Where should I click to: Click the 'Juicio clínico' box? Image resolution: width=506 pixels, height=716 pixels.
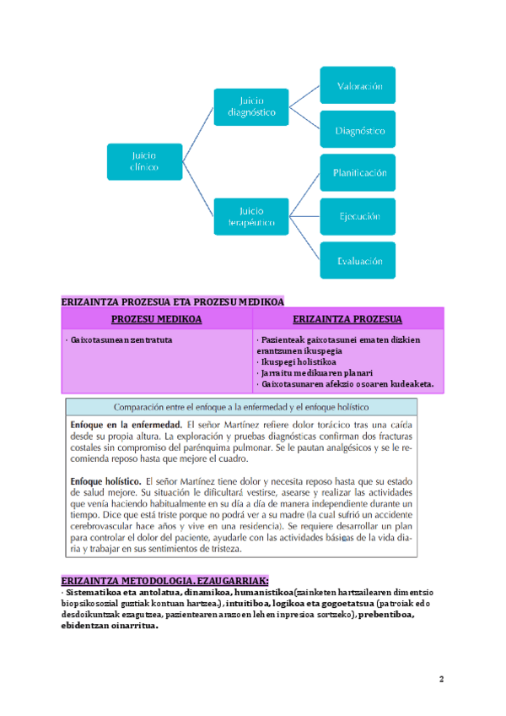[144, 161]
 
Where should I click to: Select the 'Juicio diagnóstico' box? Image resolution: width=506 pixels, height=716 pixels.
[251, 107]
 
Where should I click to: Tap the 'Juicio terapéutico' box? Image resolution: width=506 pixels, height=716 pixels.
[251, 216]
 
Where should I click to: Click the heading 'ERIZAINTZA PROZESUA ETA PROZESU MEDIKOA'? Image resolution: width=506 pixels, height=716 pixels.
[173, 301]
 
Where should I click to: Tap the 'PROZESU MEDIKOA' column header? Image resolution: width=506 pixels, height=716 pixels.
[157, 319]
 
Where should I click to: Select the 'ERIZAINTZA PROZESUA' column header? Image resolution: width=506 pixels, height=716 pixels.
[347, 319]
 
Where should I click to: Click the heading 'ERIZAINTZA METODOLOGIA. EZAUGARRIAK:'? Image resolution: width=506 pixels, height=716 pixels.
[165, 581]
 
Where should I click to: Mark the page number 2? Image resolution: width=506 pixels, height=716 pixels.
[442, 679]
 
